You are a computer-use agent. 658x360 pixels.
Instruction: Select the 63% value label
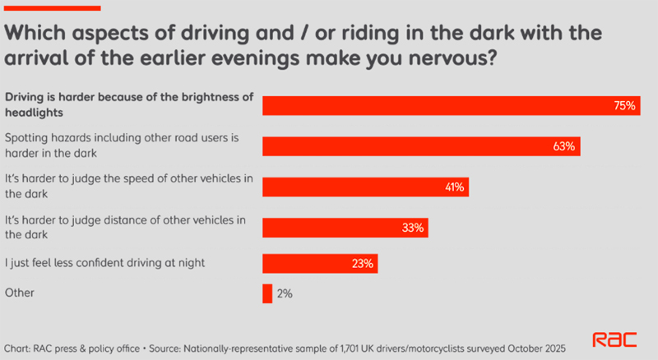[565, 146]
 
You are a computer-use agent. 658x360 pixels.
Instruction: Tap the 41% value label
[454, 187]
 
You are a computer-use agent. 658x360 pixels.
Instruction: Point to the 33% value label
[413, 227]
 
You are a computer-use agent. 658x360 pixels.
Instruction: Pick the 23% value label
[363, 264]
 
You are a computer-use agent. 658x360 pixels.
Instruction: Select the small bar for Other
[266, 293]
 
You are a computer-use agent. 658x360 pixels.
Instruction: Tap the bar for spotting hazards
[411, 146]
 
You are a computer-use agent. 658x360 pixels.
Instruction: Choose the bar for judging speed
[354, 187]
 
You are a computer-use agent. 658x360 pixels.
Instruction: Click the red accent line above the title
[53, 7]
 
